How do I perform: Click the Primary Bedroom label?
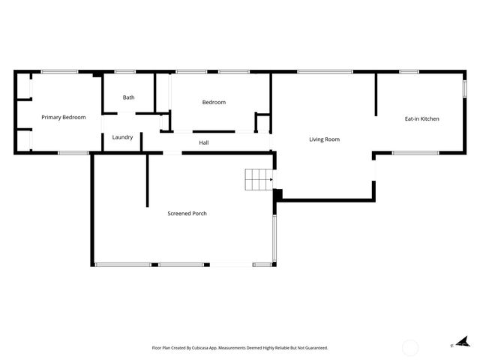coord(64,117)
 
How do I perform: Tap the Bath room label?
coord(129,97)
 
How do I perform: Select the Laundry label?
coord(122,137)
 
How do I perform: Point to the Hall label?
coord(204,142)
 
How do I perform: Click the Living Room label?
coord(325,139)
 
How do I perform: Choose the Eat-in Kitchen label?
coord(422,118)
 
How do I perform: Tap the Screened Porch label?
coord(187,214)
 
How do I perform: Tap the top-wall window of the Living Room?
coord(325,72)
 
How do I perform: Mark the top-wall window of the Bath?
coord(124,72)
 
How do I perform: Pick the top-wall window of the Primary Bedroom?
coord(59,72)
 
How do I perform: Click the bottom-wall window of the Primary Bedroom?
coord(73,153)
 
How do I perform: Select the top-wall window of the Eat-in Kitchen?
coord(409,72)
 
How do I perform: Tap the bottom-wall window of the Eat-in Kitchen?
coord(415,153)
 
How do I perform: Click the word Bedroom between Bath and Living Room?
coord(214,102)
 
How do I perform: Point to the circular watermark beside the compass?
coord(410,347)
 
